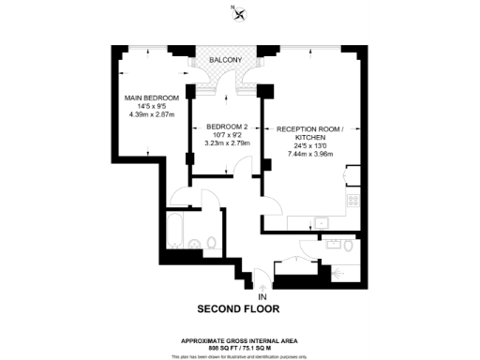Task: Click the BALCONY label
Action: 226,61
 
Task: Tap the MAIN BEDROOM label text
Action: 152,97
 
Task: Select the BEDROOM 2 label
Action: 226,127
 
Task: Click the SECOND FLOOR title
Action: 238,308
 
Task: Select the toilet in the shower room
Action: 349,246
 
